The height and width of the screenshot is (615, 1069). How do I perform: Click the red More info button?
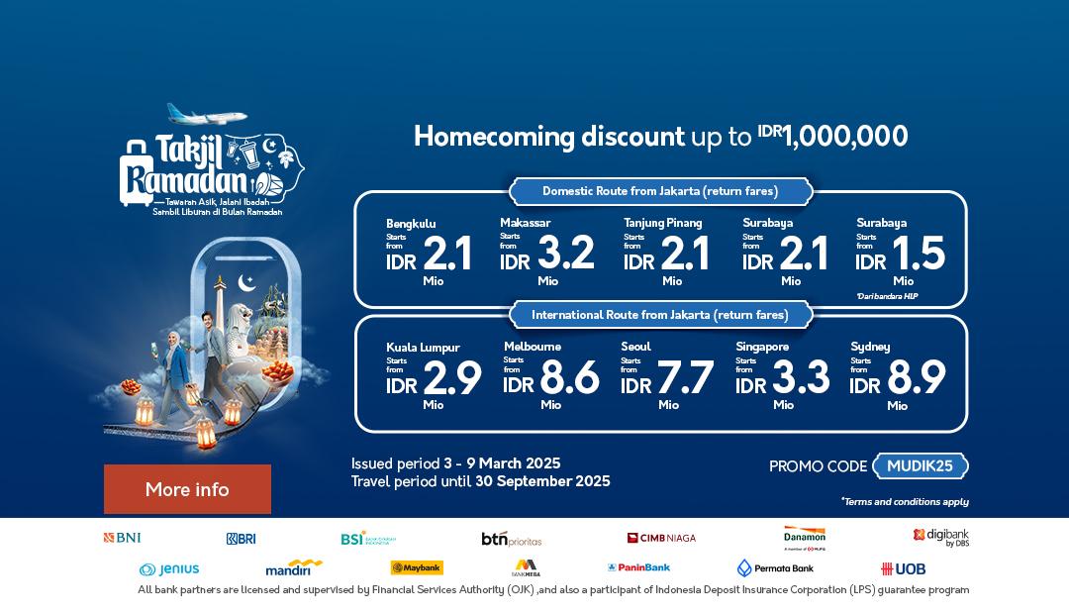point(187,489)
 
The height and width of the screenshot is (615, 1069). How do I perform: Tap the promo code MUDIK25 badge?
point(920,465)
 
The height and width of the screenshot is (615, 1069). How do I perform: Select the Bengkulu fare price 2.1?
point(446,255)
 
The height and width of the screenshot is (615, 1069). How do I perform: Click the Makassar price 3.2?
point(565,254)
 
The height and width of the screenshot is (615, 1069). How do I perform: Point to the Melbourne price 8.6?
point(569,377)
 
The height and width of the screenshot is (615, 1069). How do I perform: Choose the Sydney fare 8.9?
point(916,377)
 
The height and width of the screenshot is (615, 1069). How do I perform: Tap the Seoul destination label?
point(635,347)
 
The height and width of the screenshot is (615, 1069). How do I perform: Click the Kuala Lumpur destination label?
point(423,348)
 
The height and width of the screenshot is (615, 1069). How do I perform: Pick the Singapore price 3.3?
point(801,377)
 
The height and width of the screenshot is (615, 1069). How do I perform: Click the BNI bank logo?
point(122,538)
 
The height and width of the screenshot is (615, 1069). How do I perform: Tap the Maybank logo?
point(417,567)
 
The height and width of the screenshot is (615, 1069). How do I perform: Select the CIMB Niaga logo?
point(661,538)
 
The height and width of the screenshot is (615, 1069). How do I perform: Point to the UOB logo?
point(903,568)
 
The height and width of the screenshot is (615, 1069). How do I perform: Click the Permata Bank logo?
point(775,567)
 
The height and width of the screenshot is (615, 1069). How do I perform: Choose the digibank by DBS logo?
point(940,537)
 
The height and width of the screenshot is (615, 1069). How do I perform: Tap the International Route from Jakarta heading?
point(660,315)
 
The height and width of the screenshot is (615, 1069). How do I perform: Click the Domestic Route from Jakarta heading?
point(660,191)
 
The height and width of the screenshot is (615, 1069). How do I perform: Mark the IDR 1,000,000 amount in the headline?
point(832,137)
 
